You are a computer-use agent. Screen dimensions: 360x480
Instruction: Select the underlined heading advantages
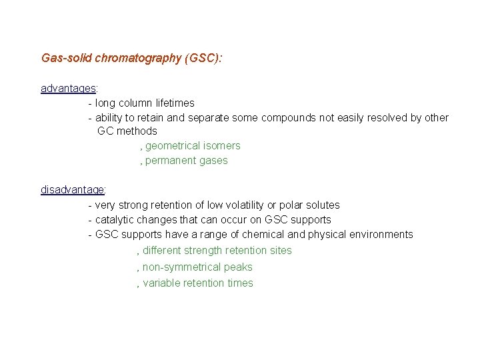coord(69,88)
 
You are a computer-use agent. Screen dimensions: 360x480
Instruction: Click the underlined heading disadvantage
coord(72,189)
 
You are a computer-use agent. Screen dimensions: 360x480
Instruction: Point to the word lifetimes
coord(175,103)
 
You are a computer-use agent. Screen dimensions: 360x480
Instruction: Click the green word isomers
coord(223,145)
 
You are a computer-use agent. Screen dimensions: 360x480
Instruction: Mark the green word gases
coord(214,160)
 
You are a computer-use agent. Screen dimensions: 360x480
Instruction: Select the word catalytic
coord(116,219)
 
